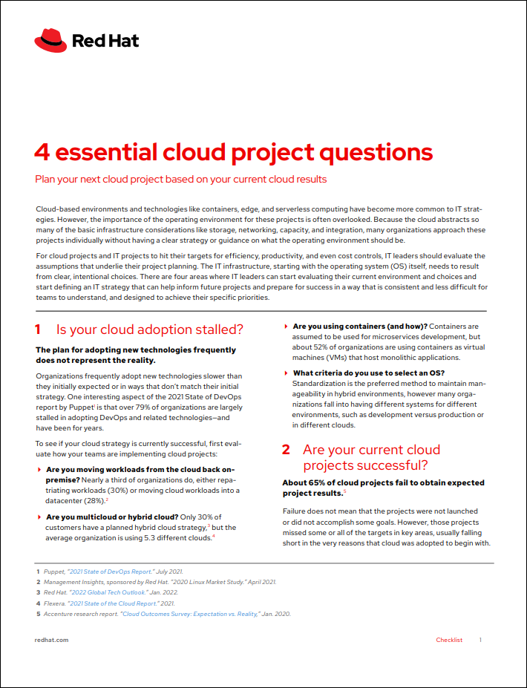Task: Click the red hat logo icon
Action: coord(50,40)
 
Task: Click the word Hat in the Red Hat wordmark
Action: coord(123,41)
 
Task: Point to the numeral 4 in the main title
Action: coord(42,152)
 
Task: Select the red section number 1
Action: coord(39,330)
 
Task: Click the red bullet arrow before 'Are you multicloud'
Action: coord(39,517)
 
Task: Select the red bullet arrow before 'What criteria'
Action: coord(287,373)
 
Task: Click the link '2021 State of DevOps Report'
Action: coord(109,571)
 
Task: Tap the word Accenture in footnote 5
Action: coord(61,614)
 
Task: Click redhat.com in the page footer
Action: coord(52,640)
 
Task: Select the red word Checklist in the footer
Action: coord(449,640)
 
